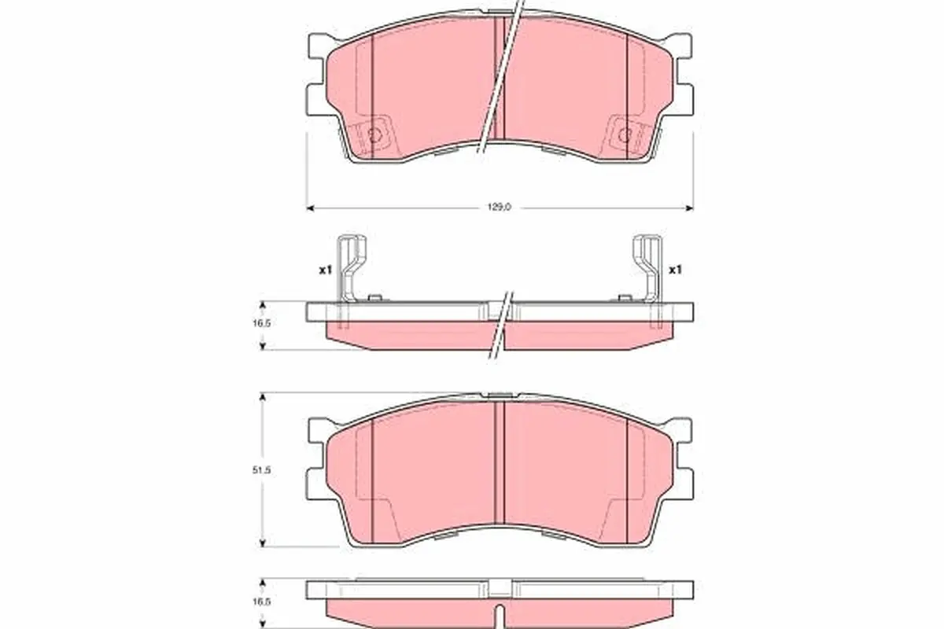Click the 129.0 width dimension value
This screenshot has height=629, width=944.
point(500,208)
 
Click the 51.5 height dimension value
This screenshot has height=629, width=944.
point(261,470)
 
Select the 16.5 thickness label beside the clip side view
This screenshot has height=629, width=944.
point(261,324)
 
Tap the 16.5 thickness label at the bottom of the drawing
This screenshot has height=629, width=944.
point(261,602)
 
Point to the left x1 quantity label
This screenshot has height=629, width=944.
point(326,270)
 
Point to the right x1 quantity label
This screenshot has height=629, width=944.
point(676,270)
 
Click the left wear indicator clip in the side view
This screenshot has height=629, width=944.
point(351,270)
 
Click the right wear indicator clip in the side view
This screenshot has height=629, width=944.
point(647,270)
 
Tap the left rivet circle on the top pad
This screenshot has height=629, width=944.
point(374,135)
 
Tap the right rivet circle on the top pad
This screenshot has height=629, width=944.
point(625,135)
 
